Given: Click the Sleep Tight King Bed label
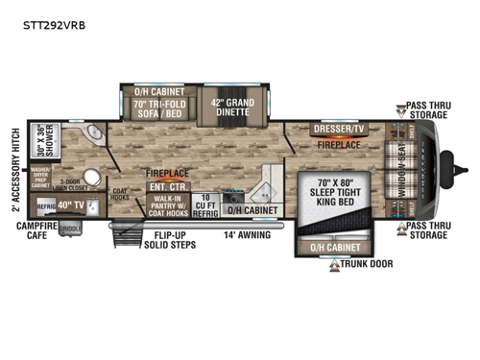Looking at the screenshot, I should point(328,191).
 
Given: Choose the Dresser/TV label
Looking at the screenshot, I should point(338,129).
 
